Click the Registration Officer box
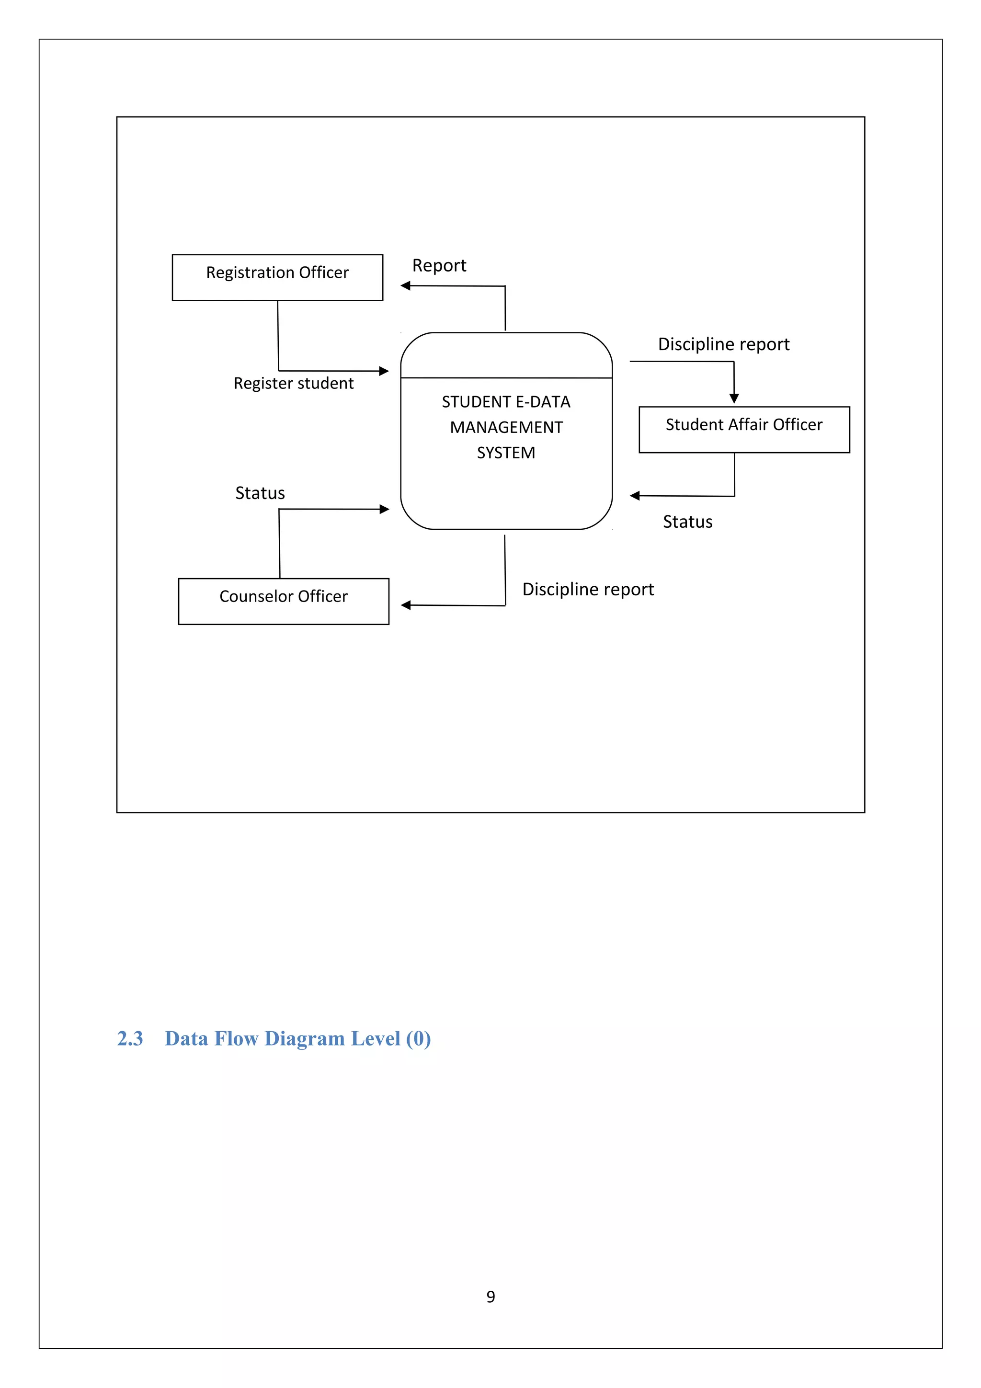[277, 277]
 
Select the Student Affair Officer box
[744, 429]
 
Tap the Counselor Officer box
[284, 601]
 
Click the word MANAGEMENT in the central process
[506, 427]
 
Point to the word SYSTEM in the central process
[506, 453]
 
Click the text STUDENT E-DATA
[506, 402]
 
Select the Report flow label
[439, 265]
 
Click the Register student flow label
[293, 383]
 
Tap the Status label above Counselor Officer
[260, 493]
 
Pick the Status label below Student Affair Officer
[687, 522]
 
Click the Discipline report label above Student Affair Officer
[723, 344]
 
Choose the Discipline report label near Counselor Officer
[588, 590]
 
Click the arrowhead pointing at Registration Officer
[406, 285]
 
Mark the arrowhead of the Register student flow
[384, 371]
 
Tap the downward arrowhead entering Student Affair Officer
[734, 398]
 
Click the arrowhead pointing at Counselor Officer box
[406, 605]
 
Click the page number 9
[490, 1296]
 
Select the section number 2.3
[130, 1038]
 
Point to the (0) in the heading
[418, 1038]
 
